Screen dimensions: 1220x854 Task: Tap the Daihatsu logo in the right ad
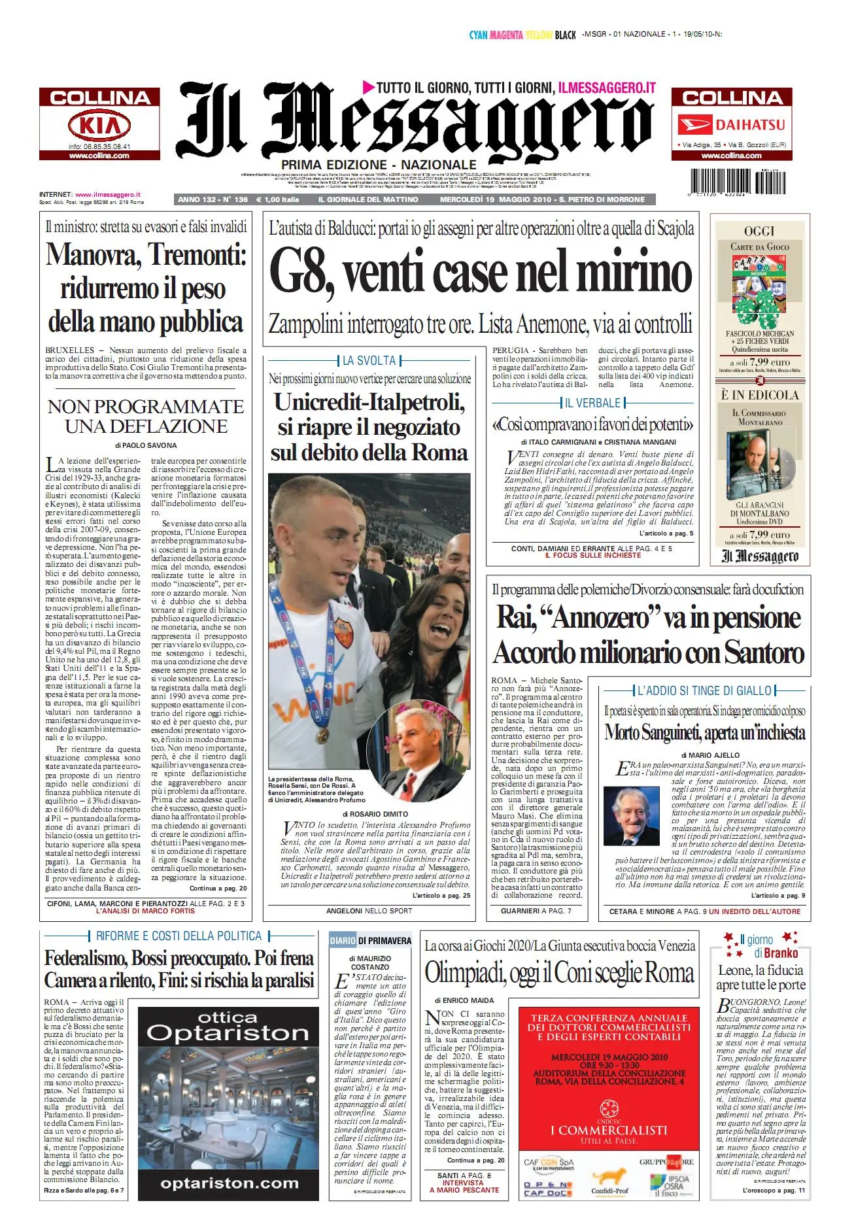click(732, 124)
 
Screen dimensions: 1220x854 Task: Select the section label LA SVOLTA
click(369, 360)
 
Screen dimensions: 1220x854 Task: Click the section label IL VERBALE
click(592, 403)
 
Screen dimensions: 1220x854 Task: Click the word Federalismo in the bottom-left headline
click(85, 958)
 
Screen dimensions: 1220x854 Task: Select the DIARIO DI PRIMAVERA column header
click(371, 940)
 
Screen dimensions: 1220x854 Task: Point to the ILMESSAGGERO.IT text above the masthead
click(607, 88)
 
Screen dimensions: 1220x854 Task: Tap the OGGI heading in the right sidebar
click(759, 231)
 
